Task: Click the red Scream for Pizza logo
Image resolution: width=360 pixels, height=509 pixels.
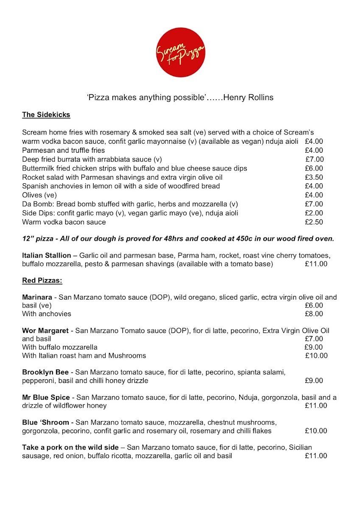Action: (180, 52)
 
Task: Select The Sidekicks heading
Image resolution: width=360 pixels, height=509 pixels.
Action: (46, 115)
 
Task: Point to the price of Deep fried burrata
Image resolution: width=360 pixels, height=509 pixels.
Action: (315, 159)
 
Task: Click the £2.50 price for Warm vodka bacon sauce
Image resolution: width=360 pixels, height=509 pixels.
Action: (314, 222)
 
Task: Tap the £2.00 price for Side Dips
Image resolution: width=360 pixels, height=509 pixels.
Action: (314, 213)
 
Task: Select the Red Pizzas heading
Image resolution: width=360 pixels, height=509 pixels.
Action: (42, 280)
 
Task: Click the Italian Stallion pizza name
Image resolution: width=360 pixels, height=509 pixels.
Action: (47, 256)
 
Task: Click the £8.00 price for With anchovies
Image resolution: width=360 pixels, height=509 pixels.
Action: (314, 314)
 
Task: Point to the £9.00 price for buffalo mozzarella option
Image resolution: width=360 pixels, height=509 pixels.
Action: (314, 347)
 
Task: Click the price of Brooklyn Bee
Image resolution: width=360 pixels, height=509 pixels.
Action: (314, 380)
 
